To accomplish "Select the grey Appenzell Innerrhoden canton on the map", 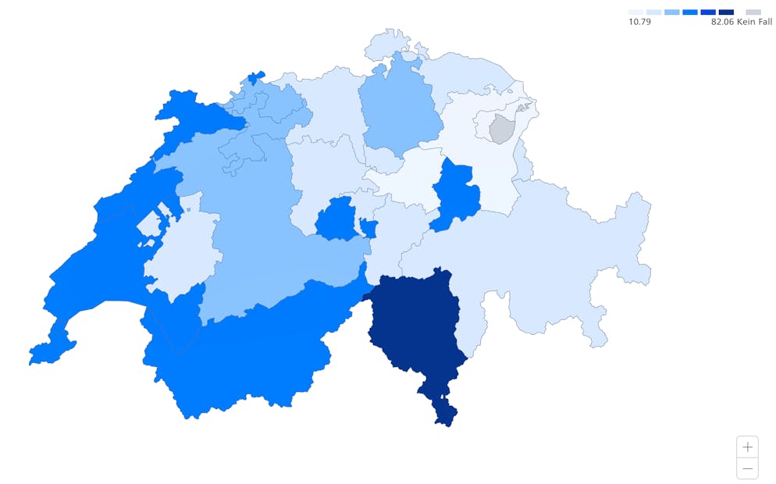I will pyautogui.click(x=502, y=128).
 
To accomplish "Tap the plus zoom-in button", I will pyautogui.click(x=747, y=447).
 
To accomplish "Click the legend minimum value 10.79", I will pyautogui.click(x=639, y=22).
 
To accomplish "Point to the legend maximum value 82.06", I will pyautogui.click(x=722, y=22).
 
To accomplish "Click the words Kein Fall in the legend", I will pyautogui.click(x=754, y=22).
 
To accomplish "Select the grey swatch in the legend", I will pyautogui.click(x=753, y=12).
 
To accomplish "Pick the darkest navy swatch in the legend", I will pyautogui.click(x=726, y=12).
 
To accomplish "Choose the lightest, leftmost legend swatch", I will pyautogui.click(x=635, y=12).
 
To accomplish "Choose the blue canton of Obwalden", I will pyautogui.click(x=336, y=218).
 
